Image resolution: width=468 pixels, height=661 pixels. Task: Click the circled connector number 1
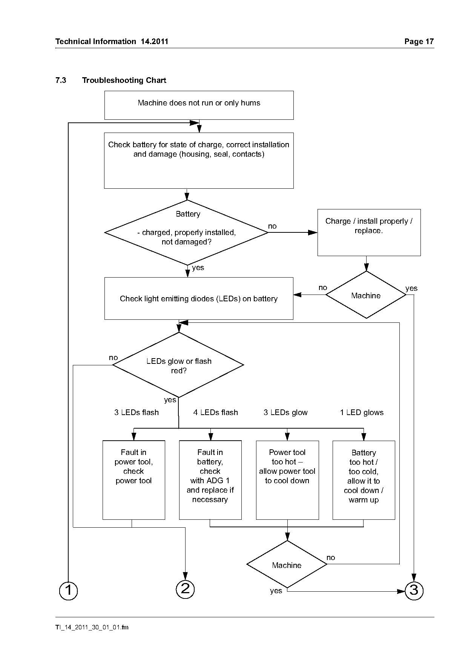(68, 590)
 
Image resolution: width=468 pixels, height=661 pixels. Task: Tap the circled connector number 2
(185, 589)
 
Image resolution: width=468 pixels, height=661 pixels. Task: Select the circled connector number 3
(414, 590)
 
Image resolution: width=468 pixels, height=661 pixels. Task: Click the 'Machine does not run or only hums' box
(199, 105)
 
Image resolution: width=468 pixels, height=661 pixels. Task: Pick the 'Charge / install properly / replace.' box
(369, 232)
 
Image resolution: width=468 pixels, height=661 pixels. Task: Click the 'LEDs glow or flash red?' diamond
(178, 365)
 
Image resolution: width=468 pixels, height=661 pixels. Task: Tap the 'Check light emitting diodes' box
(199, 298)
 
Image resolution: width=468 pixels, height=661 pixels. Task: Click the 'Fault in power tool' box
(134, 480)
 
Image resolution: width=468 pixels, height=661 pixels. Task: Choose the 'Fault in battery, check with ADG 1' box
(210, 480)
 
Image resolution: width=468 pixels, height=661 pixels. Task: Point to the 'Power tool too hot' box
(287, 480)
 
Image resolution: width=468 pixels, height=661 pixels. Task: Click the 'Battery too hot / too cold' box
(364, 480)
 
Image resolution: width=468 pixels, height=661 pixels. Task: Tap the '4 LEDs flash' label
(216, 412)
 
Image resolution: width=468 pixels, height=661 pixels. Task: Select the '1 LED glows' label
(362, 412)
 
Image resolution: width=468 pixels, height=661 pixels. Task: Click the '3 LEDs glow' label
(285, 412)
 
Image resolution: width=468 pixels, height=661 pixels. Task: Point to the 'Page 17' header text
(419, 41)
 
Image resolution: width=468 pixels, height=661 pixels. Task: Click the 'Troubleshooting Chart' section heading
(124, 80)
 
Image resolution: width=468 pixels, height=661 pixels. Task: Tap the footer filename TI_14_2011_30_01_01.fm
(92, 627)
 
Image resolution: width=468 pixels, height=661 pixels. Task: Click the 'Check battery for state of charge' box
(199, 160)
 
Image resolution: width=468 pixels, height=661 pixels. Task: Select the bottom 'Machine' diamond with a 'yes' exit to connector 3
(287, 564)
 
